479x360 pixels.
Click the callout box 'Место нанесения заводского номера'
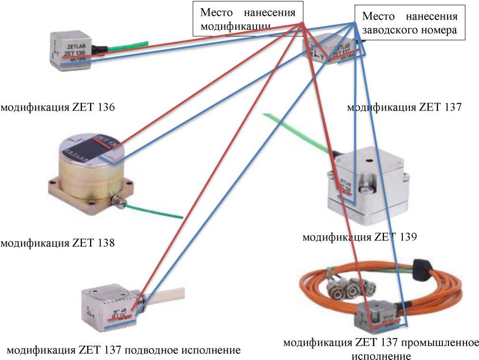click(x=409, y=23)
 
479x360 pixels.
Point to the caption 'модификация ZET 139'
click(x=360, y=237)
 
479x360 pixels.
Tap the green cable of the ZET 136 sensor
click(x=126, y=46)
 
